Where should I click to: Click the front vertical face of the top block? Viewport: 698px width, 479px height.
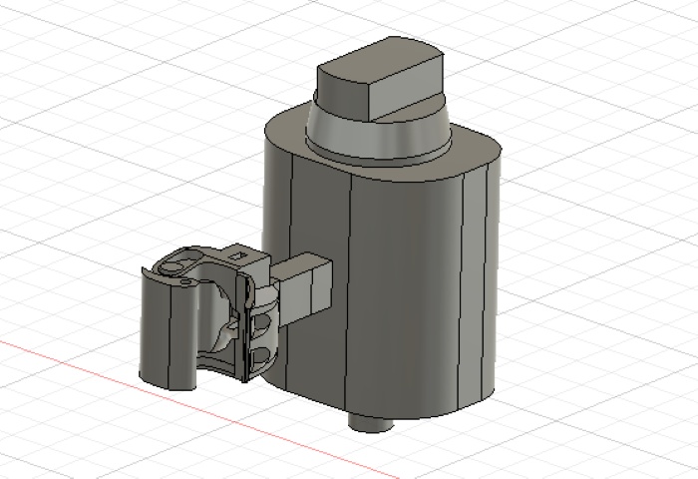405,95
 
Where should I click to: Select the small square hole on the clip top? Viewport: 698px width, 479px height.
237,255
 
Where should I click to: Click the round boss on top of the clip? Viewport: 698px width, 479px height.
175,267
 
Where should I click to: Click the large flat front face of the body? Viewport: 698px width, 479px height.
409,289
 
